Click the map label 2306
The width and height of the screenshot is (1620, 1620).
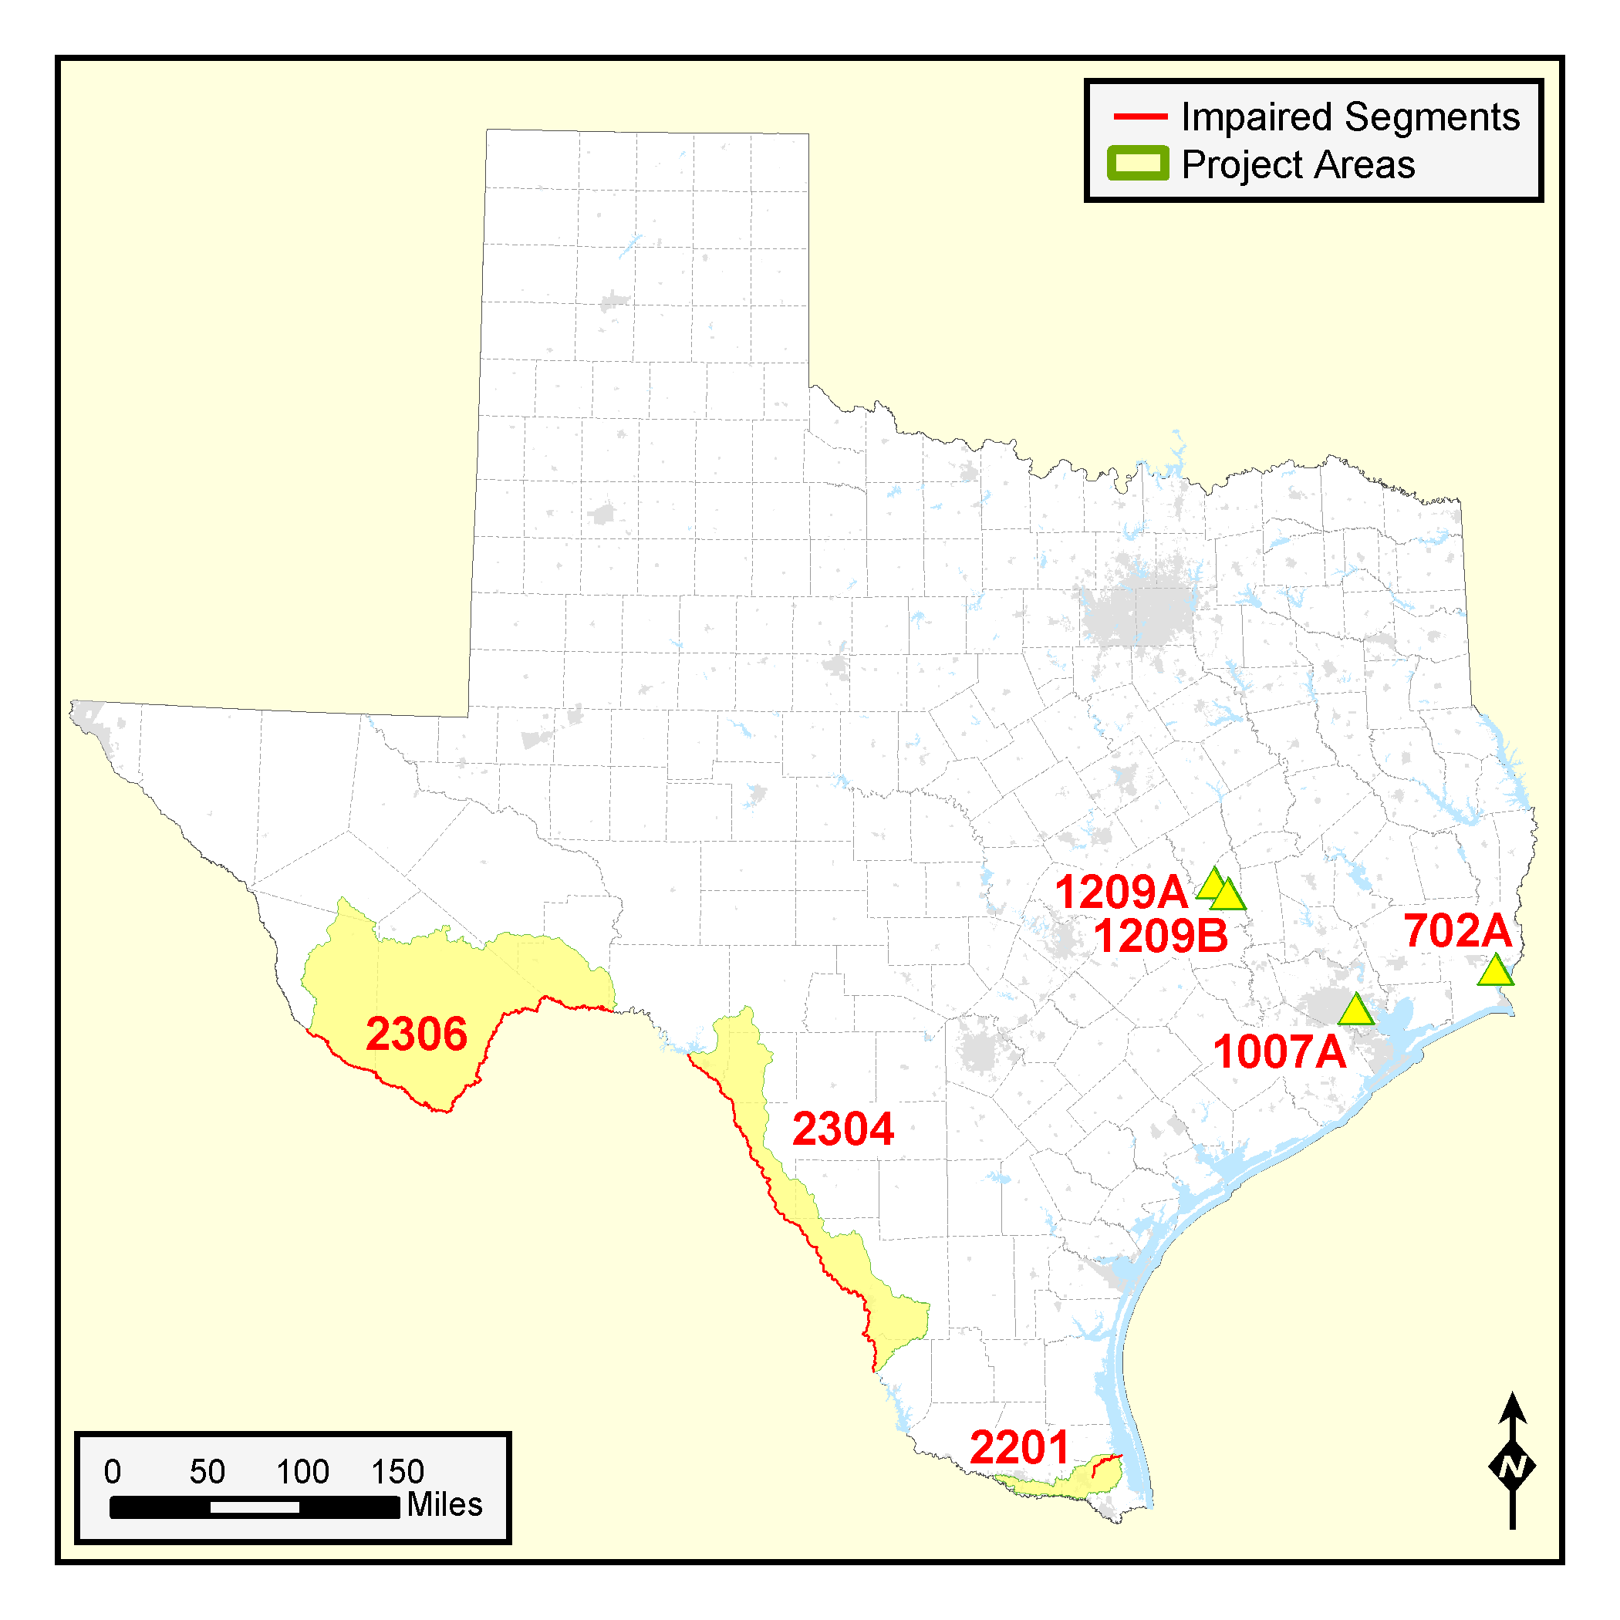[x=416, y=1034]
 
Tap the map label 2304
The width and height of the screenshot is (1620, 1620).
[x=842, y=1129]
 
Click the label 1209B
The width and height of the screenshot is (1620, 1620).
[x=1160, y=936]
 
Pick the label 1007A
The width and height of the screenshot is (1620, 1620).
[x=1280, y=1051]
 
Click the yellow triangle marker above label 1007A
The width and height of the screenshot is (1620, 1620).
[x=1355, y=1011]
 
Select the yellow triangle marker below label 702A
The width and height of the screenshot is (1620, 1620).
[x=1495, y=971]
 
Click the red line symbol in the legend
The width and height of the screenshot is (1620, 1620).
[x=1139, y=116]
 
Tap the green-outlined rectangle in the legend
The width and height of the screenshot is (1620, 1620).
[x=1138, y=164]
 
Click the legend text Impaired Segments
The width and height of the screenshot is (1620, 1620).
[x=1350, y=116]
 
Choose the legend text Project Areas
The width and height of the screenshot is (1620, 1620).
[x=1298, y=164]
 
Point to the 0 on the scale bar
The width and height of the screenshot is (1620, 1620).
[x=113, y=1472]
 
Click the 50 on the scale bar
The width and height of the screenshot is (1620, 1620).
[x=207, y=1472]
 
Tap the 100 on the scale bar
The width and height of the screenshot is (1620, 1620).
[x=302, y=1472]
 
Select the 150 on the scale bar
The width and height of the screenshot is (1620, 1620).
[x=398, y=1472]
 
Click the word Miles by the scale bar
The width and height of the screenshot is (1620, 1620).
[x=444, y=1504]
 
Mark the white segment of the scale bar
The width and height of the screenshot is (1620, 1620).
[x=254, y=1507]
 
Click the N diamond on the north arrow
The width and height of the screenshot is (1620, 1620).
[x=1512, y=1467]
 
